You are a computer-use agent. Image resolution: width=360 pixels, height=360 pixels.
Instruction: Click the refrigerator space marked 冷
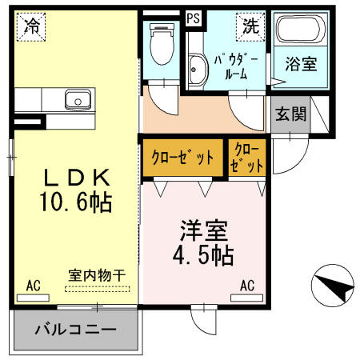coord(31,27)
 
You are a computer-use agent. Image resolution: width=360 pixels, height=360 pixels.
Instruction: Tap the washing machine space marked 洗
coord(250,27)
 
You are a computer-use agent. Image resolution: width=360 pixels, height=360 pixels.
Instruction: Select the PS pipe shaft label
coord(193,18)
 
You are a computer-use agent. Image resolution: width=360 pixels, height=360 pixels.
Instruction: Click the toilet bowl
coord(162,44)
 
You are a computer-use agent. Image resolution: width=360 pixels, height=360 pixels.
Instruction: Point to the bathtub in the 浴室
coord(301,28)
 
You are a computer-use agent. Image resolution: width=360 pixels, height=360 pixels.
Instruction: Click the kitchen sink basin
coord(78,99)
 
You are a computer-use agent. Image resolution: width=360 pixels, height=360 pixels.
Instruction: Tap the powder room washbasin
coord(198,69)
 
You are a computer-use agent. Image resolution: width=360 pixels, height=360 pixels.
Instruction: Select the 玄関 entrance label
coord(290,114)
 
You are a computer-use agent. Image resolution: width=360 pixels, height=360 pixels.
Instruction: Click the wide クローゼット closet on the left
coord(183,158)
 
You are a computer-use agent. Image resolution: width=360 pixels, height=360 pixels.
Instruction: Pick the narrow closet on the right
coord(247,158)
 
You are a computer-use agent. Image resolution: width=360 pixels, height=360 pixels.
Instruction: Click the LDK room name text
coord(77,178)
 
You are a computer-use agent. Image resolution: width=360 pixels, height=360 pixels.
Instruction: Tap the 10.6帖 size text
coord(76,202)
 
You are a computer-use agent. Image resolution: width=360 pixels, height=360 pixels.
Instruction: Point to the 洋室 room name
coord(204,230)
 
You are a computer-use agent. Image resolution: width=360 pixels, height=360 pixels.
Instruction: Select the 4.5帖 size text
coord(203,255)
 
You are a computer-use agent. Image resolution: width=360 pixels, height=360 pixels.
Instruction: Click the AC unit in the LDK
coord(33,298)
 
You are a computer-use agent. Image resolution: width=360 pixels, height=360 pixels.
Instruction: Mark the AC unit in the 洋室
coord(247,298)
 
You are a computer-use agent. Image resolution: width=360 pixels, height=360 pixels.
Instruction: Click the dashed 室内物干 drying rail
coord(98,289)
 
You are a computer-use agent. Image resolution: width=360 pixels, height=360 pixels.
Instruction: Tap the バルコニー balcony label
coord(76,330)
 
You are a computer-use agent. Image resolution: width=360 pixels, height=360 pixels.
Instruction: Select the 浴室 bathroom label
coord(302,64)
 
